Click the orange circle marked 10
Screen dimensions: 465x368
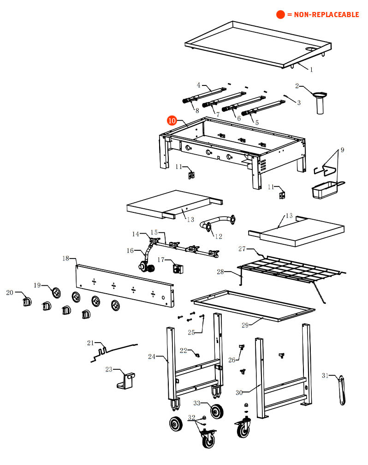point(172,121)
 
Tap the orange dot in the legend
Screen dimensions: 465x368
point(280,14)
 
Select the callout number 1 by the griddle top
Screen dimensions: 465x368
point(311,70)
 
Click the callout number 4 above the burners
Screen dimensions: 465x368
point(199,85)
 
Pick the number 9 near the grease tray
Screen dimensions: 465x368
point(342,150)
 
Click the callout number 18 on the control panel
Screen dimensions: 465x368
point(65,258)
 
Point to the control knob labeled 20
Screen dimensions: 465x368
point(27,302)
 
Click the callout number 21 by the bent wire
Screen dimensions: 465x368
point(90,343)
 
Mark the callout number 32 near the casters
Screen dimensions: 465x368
point(192,417)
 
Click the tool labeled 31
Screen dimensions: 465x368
point(343,390)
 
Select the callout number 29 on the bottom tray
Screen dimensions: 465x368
point(245,325)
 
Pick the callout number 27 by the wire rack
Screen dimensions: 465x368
point(242,249)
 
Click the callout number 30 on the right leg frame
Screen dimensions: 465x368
point(239,393)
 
